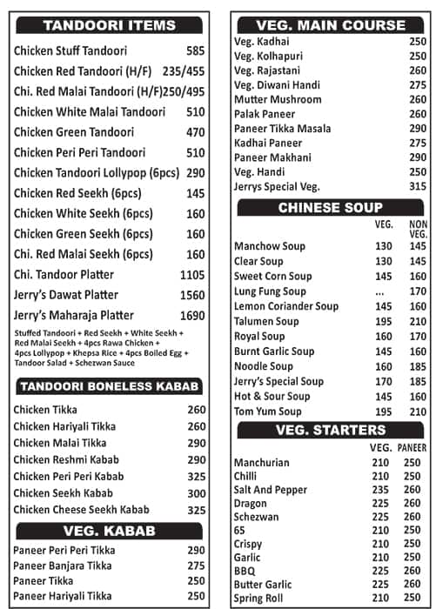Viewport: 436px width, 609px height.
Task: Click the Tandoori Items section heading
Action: pyautogui.click(x=109, y=25)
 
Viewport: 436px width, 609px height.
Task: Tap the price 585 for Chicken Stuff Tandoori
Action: pyautogui.click(x=195, y=51)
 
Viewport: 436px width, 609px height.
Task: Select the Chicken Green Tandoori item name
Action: pyautogui.click(x=74, y=132)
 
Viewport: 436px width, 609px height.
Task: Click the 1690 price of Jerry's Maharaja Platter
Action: pyautogui.click(x=191, y=316)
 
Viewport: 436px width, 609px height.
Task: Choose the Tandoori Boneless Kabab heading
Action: pyautogui.click(x=109, y=386)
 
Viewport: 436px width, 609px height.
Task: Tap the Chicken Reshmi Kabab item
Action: pyautogui.click(x=67, y=459)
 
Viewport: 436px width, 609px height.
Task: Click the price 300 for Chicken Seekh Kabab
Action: pyautogui.click(x=196, y=493)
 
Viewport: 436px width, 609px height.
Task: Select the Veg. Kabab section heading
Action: pyautogui.click(x=109, y=532)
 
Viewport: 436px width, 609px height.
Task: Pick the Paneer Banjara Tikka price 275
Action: pyautogui.click(x=196, y=565)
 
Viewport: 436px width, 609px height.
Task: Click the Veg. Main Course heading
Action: pyautogui.click(x=332, y=25)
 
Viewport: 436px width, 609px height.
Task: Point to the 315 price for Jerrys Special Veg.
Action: pyautogui.click(x=418, y=186)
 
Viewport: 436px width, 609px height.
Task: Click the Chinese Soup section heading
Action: pyautogui.click(x=331, y=207)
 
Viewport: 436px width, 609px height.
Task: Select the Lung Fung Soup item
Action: pyautogui.click(x=270, y=291)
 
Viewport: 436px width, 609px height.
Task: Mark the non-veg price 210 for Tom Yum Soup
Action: pyautogui.click(x=418, y=412)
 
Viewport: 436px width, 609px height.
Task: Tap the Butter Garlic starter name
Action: pyautogui.click(x=263, y=585)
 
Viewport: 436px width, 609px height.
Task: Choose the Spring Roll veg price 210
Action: pyautogui.click(x=380, y=599)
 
